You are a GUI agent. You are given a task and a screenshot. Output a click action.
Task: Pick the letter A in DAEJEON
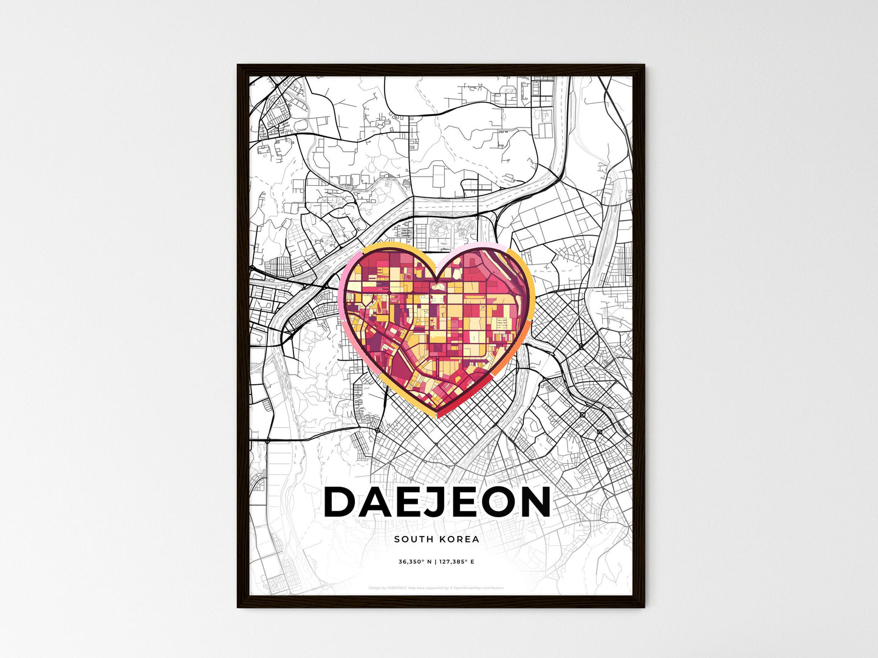(x=377, y=503)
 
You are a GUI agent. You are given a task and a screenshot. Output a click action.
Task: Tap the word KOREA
(x=459, y=539)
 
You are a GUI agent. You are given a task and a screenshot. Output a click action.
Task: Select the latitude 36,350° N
(x=415, y=562)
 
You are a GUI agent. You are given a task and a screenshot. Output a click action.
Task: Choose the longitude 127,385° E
(x=456, y=562)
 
